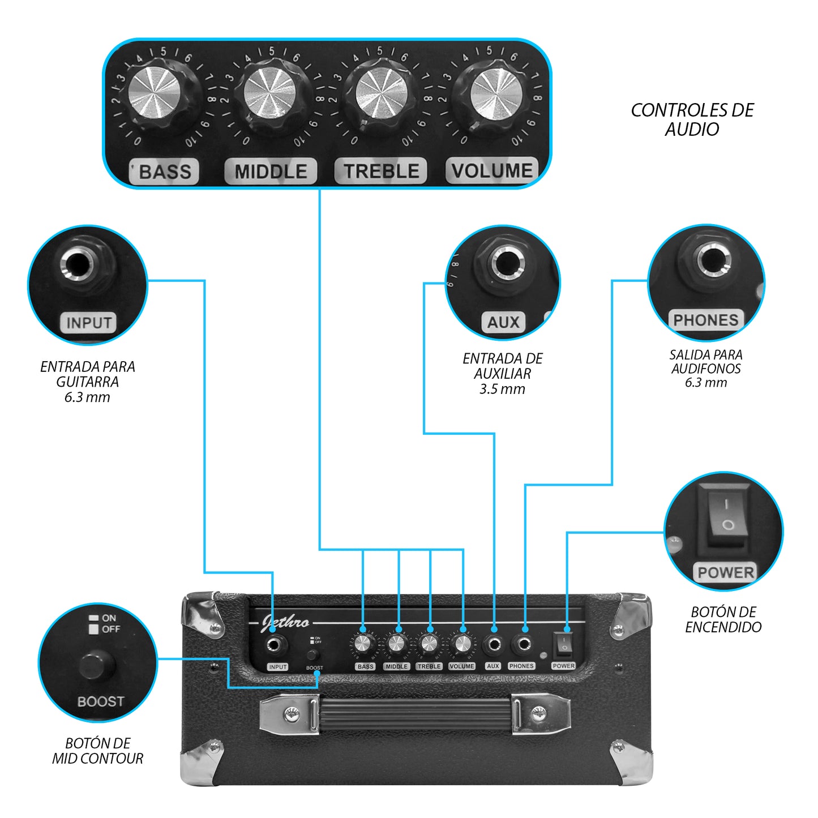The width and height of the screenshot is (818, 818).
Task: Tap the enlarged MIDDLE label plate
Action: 271,171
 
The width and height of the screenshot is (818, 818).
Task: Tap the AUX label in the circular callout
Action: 503,322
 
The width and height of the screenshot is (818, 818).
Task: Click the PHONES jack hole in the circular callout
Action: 709,261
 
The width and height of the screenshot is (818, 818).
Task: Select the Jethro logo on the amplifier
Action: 285,623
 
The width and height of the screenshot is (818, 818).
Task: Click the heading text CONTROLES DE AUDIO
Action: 692,119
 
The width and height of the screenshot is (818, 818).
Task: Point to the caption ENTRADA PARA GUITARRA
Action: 87,374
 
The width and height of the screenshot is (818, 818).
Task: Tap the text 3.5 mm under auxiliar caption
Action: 502,389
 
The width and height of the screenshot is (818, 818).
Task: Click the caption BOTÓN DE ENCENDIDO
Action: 723,619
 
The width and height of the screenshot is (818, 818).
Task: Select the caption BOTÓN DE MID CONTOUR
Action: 98,751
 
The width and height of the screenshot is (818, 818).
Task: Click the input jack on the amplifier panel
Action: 276,645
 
